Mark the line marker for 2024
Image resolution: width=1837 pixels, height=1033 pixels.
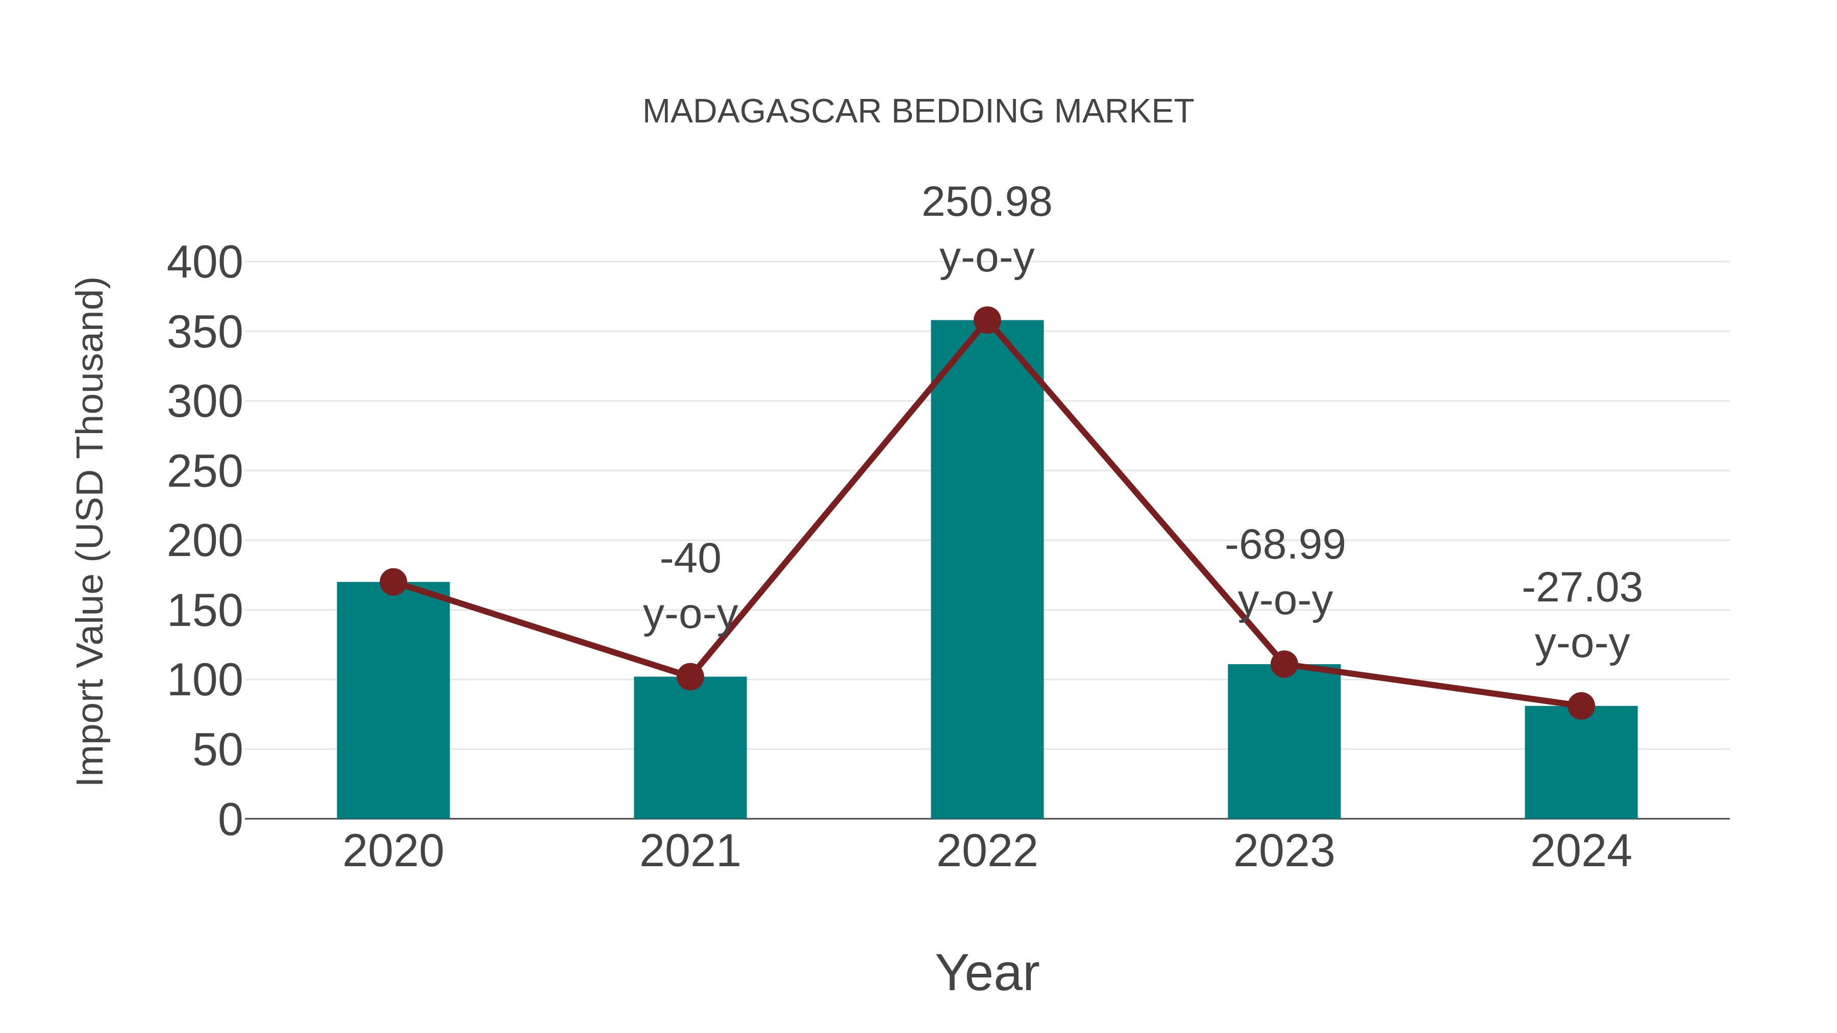pyautogui.click(x=1581, y=706)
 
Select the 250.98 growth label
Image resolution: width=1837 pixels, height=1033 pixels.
pyautogui.click(x=987, y=203)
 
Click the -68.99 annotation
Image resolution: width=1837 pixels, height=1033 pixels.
pyautogui.click(x=1285, y=545)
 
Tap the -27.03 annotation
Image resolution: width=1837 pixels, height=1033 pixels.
pyautogui.click(x=1582, y=588)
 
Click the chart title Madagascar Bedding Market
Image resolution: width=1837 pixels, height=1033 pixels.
pyautogui.click(x=918, y=112)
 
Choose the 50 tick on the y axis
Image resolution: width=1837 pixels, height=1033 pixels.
pyautogui.click(x=217, y=751)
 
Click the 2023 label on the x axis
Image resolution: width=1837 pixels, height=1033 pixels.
pyautogui.click(x=1284, y=851)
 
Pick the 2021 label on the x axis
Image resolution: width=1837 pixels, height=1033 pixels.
pyautogui.click(x=689, y=851)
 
